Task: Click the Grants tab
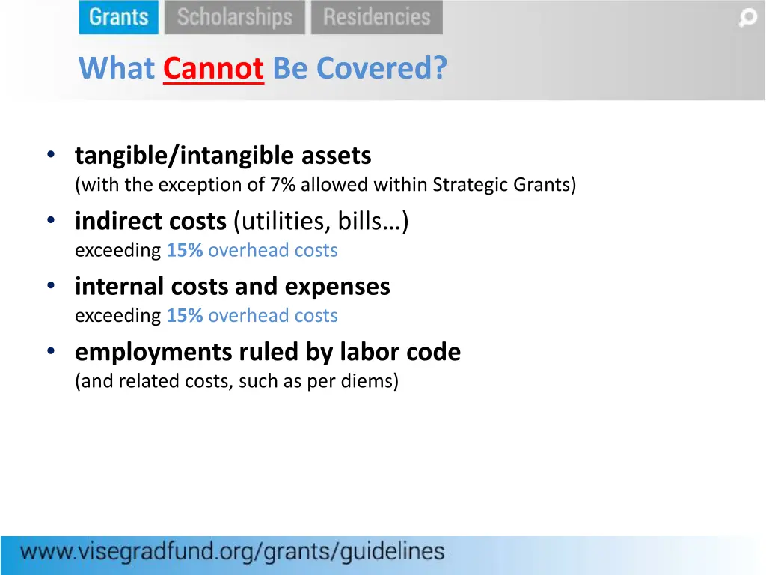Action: pyautogui.click(x=119, y=17)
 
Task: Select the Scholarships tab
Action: pyautogui.click(x=235, y=17)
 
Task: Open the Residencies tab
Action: pyautogui.click(x=376, y=17)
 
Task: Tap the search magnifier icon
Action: pyautogui.click(x=747, y=18)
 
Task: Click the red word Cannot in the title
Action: pyautogui.click(x=213, y=68)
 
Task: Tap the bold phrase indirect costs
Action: pyautogui.click(x=150, y=222)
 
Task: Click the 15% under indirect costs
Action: pyautogui.click(x=185, y=251)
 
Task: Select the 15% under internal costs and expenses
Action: pyautogui.click(x=185, y=316)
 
